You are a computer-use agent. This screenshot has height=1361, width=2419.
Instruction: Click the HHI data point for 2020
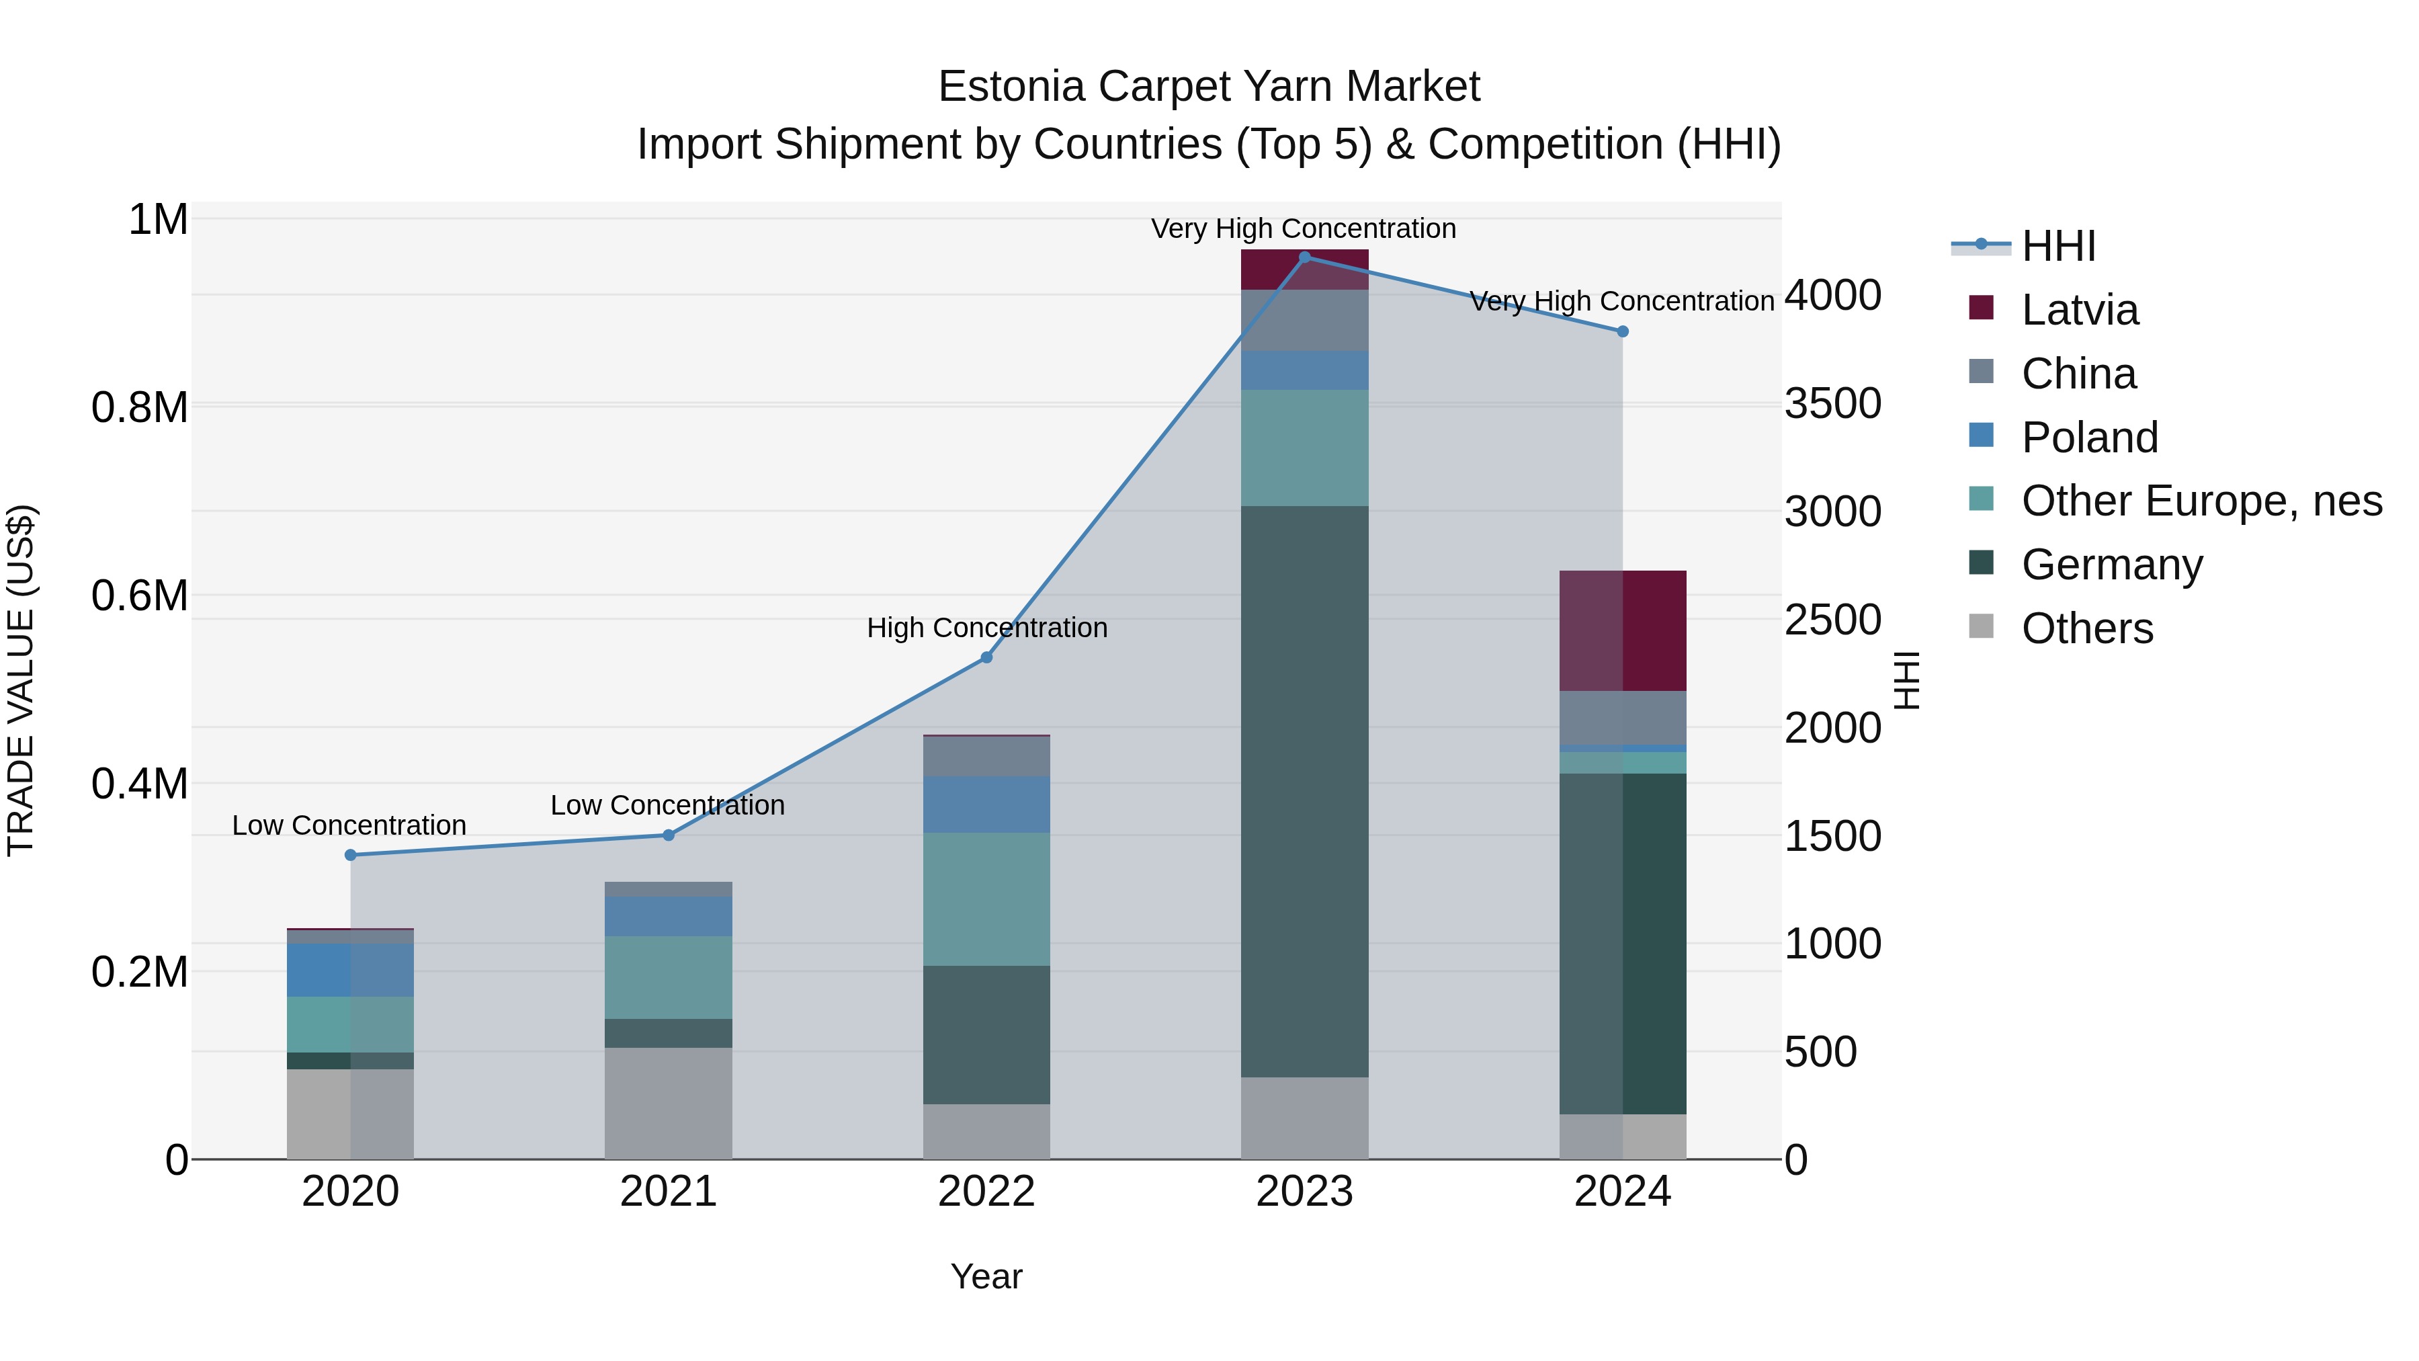(x=350, y=855)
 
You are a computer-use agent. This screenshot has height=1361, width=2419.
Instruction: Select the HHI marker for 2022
(x=986, y=657)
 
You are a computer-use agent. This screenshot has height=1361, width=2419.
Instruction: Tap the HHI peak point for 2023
(x=1304, y=257)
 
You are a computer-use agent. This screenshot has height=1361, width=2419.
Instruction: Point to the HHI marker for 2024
(x=1622, y=331)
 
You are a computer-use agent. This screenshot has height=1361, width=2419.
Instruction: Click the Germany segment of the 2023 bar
(x=1304, y=791)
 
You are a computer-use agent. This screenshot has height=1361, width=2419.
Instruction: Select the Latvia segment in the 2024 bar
(x=1622, y=630)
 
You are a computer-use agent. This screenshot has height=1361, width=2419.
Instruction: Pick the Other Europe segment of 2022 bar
(x=986, y=899)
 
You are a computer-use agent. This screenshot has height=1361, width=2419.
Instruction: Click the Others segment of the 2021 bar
(x=668, y=1103)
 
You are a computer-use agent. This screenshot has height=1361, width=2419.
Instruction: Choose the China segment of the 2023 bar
(x=1304, y=321)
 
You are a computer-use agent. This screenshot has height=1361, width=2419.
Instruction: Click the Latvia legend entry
(x=2079, y=310)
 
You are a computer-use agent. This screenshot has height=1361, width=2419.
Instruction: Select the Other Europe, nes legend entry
(x=2201, y=501)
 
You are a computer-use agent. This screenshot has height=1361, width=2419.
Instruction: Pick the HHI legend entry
(x=2057, y=246)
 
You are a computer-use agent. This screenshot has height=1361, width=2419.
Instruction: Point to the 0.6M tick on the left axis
(x=140, y=595)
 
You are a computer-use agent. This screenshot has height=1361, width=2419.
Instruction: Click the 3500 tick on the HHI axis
(x=1832, y=404)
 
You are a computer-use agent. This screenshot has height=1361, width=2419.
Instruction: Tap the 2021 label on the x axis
(x=668, y=1192)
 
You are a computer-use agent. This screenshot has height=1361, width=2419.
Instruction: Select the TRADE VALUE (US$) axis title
(x=21, y=680)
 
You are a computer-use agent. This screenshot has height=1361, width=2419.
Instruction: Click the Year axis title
(x=986, y=1276)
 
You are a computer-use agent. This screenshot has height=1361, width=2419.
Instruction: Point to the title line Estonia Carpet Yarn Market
(x=1209, y=87)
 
